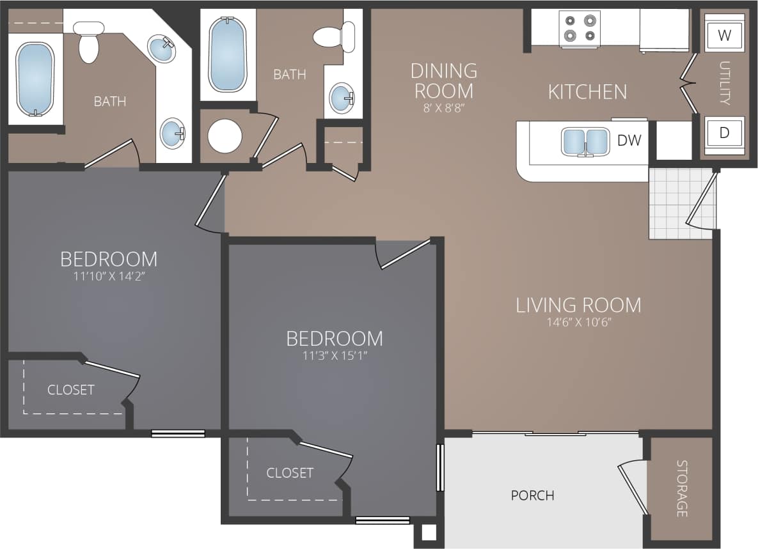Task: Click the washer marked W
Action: [x=724, y=35]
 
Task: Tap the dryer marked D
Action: [x=724, y=133]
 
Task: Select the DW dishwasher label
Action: [x=629, y=141]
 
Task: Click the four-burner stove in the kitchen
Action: [x=580, y=28]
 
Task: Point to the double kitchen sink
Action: [x=585, y=141]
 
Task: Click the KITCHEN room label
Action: [x=587, y=92]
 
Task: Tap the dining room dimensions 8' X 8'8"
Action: [x=444, y=108]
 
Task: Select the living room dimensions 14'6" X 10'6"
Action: [x=578, y=322]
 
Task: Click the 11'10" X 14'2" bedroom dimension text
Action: [x=109, y=276]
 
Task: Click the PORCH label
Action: [x=532, y=495]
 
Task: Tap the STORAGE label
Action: [x=682, y=489]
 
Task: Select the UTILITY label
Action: [x=724, y=83]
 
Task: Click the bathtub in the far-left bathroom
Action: [x=35, y=79]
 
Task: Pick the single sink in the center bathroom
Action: [x=340, y=98]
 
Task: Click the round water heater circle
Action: [x=225, y=136]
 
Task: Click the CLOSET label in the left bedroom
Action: [x=70, y=390]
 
